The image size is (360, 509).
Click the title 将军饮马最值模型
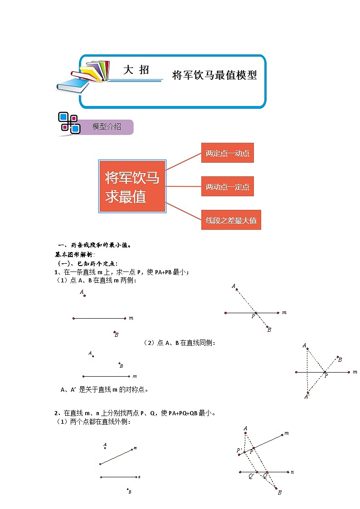[x=214, y=75]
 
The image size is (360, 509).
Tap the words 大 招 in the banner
[x=136, y=70]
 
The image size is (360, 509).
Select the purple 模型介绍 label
[x=107, y=127]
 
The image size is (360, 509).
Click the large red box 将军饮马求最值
[x=132, y=186]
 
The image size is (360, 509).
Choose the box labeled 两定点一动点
[x=227, y=153]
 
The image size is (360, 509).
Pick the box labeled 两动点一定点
[x=227, y=186]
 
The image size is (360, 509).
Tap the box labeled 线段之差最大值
[x=231, y=220]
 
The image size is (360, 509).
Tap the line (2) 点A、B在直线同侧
[x=179, y=343]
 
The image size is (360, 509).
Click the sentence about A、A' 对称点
[x=105, y=389]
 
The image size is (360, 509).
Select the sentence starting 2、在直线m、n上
[x=135, y=413]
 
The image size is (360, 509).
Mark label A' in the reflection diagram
[x=306, y=397]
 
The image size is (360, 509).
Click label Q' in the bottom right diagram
[x=251, y=476]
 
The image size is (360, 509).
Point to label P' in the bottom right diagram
[x=239, y=450]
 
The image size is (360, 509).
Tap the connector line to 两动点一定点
[x=183, y=186]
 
